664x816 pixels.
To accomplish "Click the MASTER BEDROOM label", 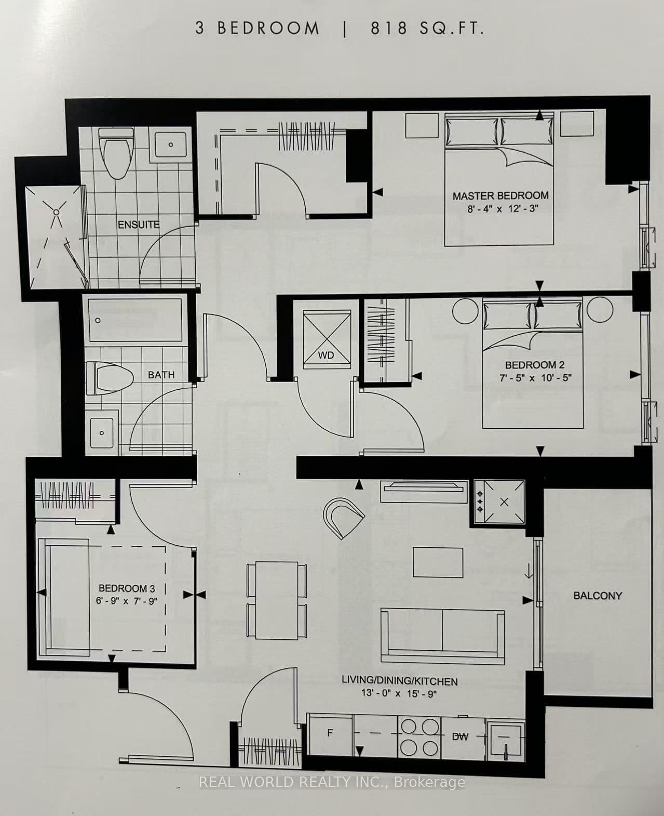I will click(500, 195).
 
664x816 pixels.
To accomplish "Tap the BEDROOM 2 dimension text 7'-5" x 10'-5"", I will click(535, 378).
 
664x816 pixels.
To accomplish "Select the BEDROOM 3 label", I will click(126, 588).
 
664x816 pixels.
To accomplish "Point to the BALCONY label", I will click(597, 596).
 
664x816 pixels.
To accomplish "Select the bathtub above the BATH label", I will click(134, 320).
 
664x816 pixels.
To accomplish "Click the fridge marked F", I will click(330, 733).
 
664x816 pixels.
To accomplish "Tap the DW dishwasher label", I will click(460, 736).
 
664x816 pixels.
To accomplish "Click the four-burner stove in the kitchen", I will click(418, 737).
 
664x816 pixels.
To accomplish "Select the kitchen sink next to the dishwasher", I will click(505, 737).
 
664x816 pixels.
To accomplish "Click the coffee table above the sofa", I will click(438, 562).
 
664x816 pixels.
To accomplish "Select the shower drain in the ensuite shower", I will click(56, 212).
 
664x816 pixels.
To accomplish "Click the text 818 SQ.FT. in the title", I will click(427, 29).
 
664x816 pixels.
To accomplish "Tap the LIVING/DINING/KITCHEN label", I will click(399, 681).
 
